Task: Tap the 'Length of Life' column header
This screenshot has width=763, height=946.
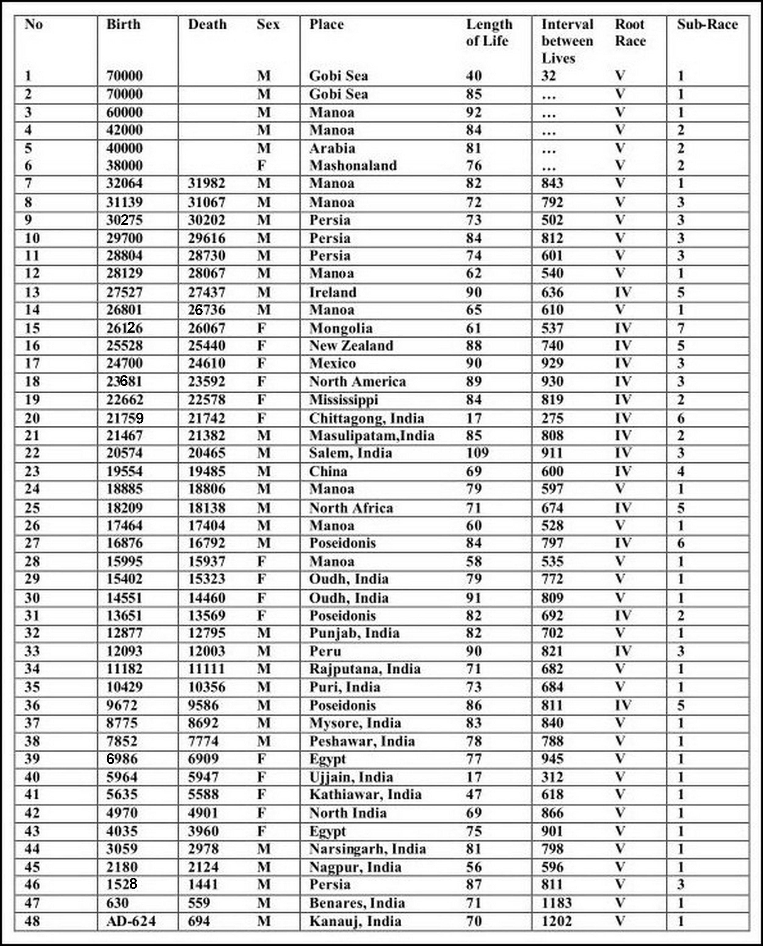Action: pyautogui.click(x=489, y=33)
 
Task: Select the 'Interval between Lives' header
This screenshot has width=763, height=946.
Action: pyautogui.click(x=567, y=41)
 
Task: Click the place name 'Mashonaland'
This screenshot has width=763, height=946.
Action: pyautogui.click(x=353, y=166)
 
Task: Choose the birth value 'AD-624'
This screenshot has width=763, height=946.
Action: pyautogui.click(x=131, y=921)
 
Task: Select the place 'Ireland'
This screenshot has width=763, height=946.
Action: pyautogui.click(x=333, y=293)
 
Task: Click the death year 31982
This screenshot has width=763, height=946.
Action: pyautogui.click(x=207, y=183)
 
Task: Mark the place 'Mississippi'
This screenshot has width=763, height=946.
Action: pyautogui.click(x=343, y=400)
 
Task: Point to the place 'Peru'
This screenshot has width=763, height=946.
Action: pyautogui.click(x=325, y=651)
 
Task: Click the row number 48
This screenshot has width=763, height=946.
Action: pyautogui.click(x=32, y=921)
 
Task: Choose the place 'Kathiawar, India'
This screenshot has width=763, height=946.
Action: pyautogui.click(x=365, y=794)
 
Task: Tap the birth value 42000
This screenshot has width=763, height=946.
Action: pyautogui.click(x=125, y=130)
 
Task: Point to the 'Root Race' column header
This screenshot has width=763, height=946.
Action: pyautogui.click(x=630, y=33)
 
